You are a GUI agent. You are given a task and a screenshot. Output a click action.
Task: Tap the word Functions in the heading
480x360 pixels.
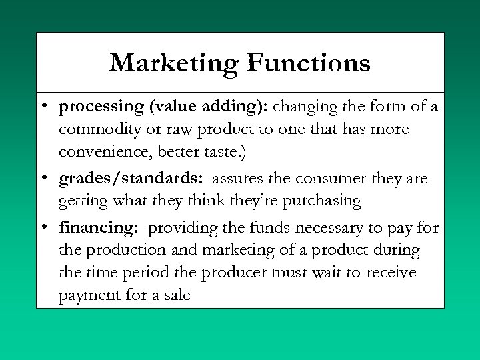tap(308, 63)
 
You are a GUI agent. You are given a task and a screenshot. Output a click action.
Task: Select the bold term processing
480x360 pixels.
tap(101, 107)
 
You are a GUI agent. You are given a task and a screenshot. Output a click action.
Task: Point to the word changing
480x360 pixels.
tap(305, 106)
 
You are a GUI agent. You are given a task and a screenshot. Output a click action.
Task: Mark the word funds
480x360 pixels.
tap(266, 228)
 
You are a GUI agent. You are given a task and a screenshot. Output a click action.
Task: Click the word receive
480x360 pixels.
tap(389, 273)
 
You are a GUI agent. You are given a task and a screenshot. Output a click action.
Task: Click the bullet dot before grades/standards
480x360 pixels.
tap(43, 179)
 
